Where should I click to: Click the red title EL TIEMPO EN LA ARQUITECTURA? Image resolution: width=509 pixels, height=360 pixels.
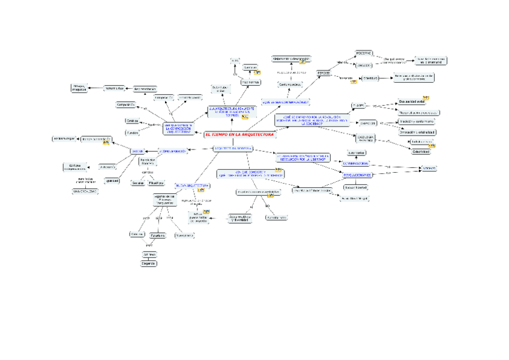(x=239, y=135)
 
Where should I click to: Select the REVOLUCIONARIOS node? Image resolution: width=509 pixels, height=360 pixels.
(x=358, y=175)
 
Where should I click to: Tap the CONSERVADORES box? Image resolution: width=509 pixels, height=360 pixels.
(x=359, y=163)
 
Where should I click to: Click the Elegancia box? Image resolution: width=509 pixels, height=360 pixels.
(x=149, y=263)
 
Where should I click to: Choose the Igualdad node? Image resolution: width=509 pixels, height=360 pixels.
(x=112, y=181)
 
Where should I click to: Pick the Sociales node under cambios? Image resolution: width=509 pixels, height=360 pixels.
(x=138, y=182)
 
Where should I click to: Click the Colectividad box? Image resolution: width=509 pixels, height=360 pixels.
(x=420, y=152)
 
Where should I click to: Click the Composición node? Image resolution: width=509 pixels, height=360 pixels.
(x=126, y=104)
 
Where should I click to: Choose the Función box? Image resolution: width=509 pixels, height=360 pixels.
(x=132, y=132)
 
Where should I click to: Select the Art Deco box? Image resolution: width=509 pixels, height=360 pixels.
(x=149, y=255)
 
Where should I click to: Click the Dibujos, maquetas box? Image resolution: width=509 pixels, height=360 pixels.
(x=79, y=88)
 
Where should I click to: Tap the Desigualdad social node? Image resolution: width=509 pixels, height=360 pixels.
(x=415, y=102)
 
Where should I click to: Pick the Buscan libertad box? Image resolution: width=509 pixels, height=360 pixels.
(x=356, y=187)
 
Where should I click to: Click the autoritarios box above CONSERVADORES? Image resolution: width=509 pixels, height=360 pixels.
(x=357, y=152)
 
